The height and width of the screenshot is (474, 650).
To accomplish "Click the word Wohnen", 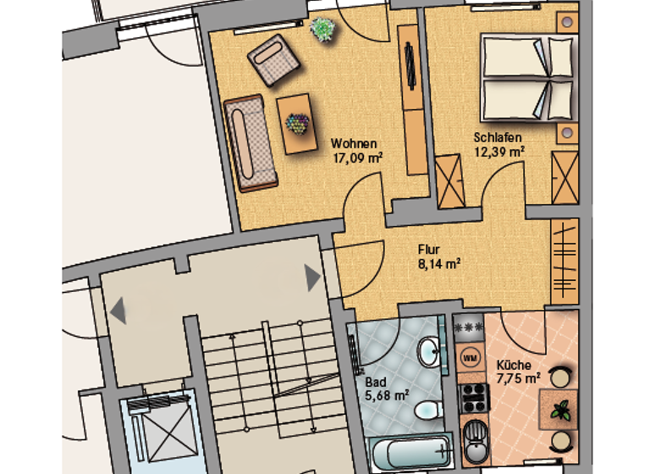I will click(354, 143).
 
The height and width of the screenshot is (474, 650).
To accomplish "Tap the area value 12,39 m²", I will click(499, 152).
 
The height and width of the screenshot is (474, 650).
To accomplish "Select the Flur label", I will click(429, 250).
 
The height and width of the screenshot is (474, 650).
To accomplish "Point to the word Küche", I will click(514, 366).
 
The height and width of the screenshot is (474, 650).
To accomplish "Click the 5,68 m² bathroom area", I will click(387, 394).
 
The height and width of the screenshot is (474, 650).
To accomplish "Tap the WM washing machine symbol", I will click(471, 357).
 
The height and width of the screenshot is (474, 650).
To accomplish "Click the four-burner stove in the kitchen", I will click(471, 394).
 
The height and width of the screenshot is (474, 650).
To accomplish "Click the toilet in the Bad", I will click(426, 411).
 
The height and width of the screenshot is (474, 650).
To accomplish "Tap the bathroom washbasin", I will click(428, 350).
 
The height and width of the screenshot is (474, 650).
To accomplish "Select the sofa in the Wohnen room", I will click(250, 144).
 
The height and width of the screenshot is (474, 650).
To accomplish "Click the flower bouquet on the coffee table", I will click(296, 124).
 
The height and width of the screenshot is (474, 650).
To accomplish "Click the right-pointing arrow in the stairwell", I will click(312, 277).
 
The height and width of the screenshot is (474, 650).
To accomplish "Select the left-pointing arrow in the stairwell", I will click(118, 310).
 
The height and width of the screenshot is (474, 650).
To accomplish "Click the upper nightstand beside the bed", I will click(566, 22).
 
